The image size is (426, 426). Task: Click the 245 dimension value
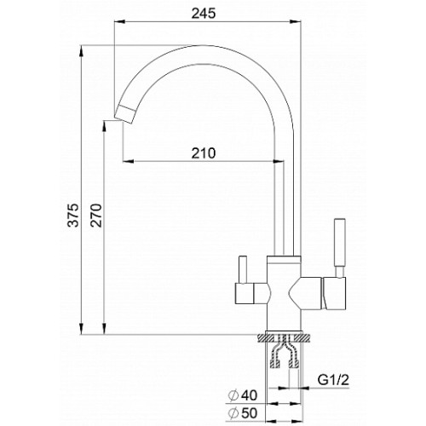[204, 14]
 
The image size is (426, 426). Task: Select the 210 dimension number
[204, 153]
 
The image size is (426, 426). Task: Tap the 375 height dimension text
[73, 215]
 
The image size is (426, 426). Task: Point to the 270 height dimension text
[96, 215]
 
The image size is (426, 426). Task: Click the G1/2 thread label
[333, 380]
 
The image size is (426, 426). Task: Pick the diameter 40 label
[243, 395]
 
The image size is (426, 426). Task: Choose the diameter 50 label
[243, 413]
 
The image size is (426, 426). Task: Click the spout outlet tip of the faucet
[124, 114]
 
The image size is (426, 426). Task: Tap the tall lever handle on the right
[340, 247]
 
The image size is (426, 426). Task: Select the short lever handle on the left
[243, 269]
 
